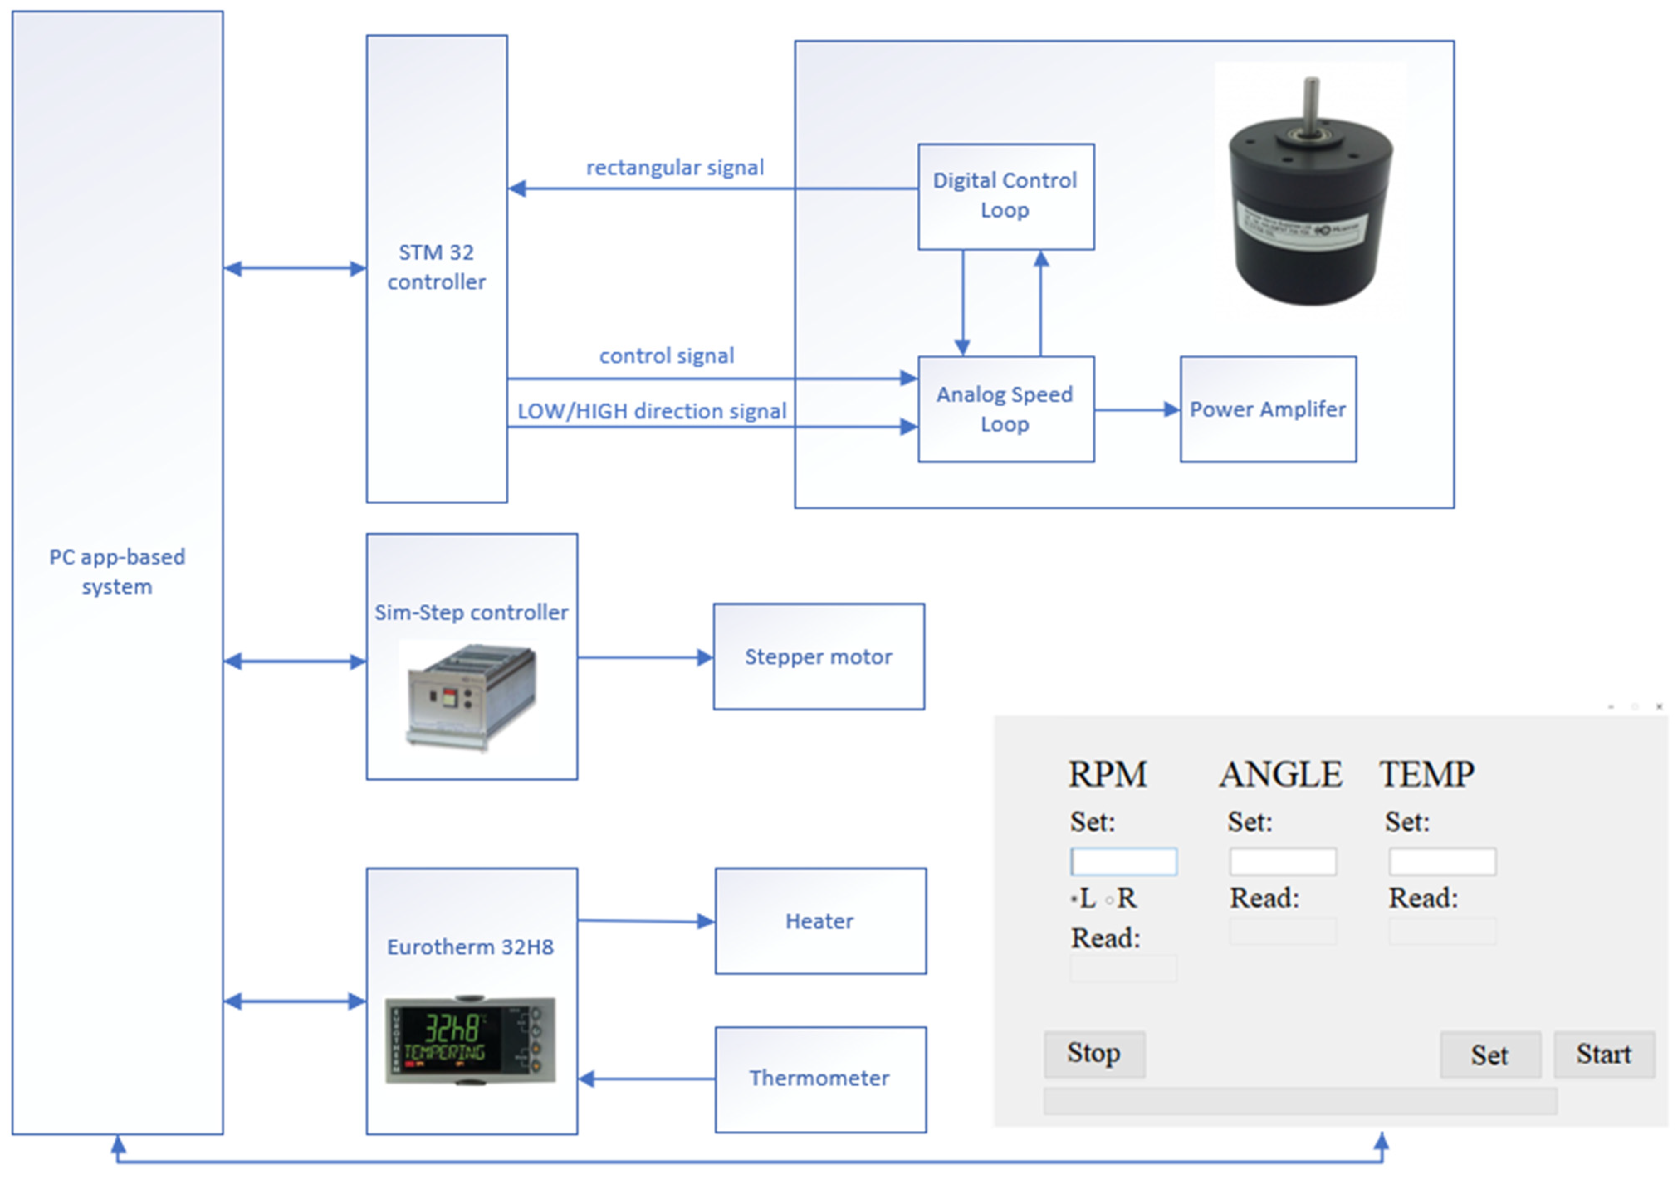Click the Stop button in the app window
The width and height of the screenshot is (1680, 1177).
(1094, 1054)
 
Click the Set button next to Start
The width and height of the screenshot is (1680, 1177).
(1490, 1055)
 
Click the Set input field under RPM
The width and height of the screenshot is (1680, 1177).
(1123, 861)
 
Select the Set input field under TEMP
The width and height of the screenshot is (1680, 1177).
(1442, 861)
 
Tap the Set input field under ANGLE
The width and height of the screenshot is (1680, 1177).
(1283, 861)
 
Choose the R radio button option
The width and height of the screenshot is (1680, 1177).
(1110, 900)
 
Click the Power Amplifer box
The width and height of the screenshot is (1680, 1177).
(1267, 409)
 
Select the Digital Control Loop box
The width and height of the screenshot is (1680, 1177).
(1005, 196)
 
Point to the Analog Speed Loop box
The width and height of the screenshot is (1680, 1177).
(1005, 409)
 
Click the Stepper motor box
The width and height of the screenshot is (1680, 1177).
(818, 656)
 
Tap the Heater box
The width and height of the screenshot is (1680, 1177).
(819, 921)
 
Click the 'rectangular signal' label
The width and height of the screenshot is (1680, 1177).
(675, 168)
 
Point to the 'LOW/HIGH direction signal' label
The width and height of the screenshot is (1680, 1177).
(651, 411)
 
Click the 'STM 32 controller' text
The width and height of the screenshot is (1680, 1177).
(436, 267)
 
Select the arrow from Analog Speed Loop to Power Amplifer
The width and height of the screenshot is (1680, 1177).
(1136, 410)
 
